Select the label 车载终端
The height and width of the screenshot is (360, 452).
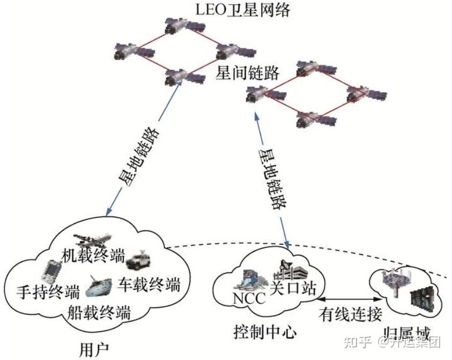[148, 282]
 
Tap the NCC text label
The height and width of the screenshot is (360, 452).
[249, 298]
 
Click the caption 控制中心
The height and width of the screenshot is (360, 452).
[265, 332]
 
